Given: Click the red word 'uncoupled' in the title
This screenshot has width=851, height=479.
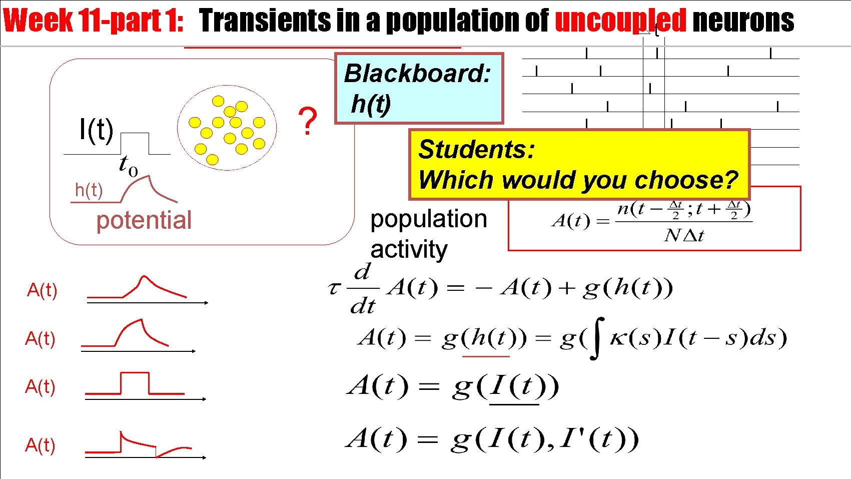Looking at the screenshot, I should (x=620, y=21).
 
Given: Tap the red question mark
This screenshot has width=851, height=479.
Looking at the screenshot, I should (x=307, y=121).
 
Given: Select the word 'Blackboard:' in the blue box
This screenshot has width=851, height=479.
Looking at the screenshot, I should (x=417, y=73).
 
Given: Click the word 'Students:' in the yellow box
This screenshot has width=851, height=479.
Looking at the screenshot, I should (x=476, y=149).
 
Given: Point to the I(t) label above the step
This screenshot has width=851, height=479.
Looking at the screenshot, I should (x=96, y=130).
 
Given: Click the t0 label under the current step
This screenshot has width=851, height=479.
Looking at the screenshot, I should (x=128, y=165).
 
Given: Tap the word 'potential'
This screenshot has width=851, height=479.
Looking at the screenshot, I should (x=144, y=220).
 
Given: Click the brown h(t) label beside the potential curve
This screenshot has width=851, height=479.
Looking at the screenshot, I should (x=89, y=190).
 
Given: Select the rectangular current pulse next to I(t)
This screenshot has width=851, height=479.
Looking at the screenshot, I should (x=135, y=143).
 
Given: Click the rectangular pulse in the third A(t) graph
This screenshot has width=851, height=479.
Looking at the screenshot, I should (x=135, y=383).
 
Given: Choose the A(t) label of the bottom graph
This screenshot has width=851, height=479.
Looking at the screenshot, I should (x=40, y=445).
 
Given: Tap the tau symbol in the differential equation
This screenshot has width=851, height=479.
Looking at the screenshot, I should (x=334, y=289).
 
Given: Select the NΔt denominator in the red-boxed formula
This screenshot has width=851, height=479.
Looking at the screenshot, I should (x=684, y=235).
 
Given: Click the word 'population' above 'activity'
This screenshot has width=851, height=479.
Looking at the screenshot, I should (x=428, y=219).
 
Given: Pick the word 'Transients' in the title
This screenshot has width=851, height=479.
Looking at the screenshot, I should (x=265, y=21).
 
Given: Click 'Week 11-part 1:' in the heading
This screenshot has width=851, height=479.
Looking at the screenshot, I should (x=94, y=21).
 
